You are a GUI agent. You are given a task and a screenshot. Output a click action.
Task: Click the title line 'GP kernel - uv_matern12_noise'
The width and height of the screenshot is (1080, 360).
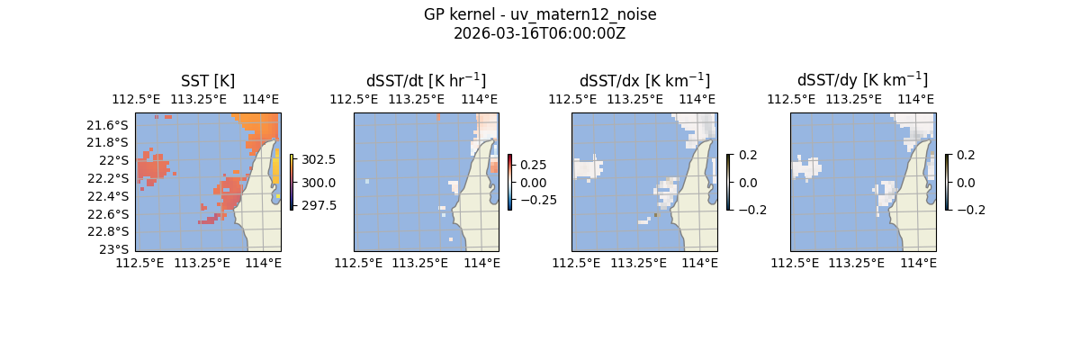point(540,14)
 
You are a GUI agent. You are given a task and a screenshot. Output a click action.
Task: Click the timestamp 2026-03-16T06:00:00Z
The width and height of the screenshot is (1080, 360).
point(540,33)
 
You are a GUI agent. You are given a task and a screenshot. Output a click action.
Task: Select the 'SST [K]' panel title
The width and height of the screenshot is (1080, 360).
point(208,80)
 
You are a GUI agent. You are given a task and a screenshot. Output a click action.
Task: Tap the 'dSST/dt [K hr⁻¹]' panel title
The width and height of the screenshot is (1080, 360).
point(426,80)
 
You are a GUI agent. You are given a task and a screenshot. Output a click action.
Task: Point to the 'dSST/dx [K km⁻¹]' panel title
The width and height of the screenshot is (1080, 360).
point(644,80)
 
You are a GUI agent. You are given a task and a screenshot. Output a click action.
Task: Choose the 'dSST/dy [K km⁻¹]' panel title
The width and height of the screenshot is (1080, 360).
point(862,80)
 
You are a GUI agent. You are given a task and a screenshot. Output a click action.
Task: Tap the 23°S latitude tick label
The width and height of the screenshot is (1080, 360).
point(116,249)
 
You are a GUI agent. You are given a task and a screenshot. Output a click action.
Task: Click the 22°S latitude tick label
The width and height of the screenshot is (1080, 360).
point(116,160)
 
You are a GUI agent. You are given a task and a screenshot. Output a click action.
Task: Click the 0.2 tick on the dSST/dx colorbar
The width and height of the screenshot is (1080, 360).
point(747,155)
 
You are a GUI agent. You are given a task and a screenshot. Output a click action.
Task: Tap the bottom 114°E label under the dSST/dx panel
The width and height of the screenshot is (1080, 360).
point(699,263)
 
